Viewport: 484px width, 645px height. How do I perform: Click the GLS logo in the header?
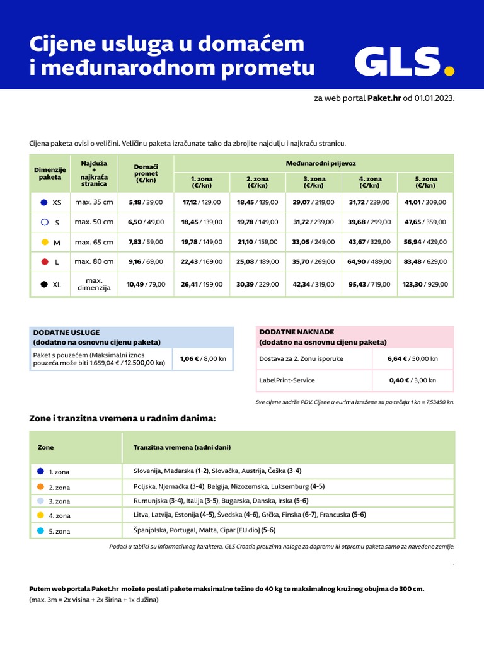(x=397, y=62)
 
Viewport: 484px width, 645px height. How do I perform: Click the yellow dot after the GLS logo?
(x=449, y=71)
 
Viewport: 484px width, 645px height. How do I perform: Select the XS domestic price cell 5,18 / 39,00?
(x=145, y=202)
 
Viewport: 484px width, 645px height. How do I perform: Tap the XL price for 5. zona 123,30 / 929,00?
(x=425, y=284)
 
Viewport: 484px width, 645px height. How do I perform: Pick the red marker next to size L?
(x=44, y=261)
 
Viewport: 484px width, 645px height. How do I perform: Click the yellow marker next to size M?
(x=44, y=242)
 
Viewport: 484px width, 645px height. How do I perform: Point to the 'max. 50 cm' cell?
(x=94, y=222)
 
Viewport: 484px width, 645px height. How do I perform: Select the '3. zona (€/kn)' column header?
(x=313, y=182)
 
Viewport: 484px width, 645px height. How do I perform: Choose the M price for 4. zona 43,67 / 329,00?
(x=369, y=242)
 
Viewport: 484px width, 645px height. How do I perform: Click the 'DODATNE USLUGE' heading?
(x=66, y=332)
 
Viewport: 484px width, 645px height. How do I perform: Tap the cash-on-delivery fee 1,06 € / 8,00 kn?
(x=202, y=358)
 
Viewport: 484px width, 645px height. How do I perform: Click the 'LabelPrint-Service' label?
(x=287, y=380)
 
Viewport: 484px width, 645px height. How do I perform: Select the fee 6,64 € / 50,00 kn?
(x=412, y=358)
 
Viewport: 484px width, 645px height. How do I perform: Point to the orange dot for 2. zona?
(x=40, y=486)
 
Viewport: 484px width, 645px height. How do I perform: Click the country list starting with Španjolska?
(x=204, y=530)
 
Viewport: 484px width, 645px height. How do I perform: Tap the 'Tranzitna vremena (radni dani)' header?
(x=182, y=447)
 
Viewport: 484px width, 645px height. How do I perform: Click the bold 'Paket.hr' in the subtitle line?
(x=384, y=98)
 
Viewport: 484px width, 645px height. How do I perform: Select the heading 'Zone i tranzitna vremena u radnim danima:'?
(x=122, y=418)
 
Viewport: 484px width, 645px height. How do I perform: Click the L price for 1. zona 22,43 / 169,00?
(x=202, y=261)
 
